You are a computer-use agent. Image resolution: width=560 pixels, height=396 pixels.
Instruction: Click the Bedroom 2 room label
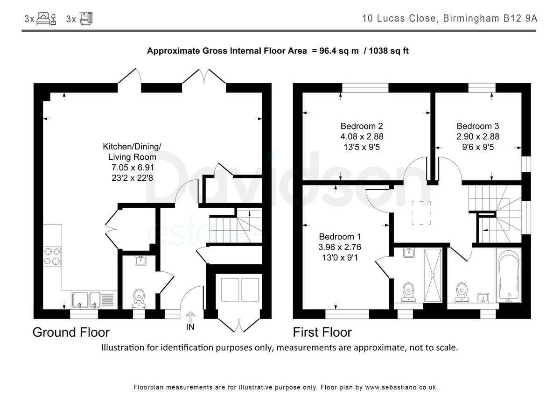[x=362, y=126]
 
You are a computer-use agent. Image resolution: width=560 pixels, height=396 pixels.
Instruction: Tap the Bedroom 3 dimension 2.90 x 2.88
[x=478, y=136]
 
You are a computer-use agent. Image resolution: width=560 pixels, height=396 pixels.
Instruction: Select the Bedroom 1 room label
[x=340, y=236]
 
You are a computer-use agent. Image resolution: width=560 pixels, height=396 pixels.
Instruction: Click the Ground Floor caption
[x=71, y=332]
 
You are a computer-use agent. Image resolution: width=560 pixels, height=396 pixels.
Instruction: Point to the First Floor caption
[x=322, y=332]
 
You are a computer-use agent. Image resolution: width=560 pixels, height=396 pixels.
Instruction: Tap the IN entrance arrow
[x=190, y=317]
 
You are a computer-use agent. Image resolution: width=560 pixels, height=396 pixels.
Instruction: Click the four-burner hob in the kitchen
[x=52, y=256]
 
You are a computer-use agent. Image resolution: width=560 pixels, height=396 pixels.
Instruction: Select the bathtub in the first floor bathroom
[x=509, y=275]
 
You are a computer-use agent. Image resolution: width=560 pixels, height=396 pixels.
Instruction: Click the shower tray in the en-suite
[x=433, y=275]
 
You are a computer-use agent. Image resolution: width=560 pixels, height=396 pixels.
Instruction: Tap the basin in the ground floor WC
[x=141, y=260]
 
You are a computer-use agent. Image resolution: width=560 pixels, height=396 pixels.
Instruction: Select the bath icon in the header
[x=86, y=19]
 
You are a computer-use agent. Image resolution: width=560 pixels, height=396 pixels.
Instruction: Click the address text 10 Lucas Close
[x=399, y=19]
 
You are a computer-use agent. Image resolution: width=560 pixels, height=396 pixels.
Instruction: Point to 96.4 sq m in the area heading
[x=339, y=51]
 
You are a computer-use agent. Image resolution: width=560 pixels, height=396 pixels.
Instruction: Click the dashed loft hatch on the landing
[x=421, y=212]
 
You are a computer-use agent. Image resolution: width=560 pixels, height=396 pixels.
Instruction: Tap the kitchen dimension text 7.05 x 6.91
[x=133, y=167]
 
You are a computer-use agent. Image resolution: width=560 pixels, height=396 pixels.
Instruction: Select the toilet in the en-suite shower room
[x=408, y=293]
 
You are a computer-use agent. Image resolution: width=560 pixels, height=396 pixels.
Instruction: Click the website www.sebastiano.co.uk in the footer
[x=401, y=388]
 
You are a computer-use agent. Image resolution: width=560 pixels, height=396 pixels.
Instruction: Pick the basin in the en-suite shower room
[x=409, y=253]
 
